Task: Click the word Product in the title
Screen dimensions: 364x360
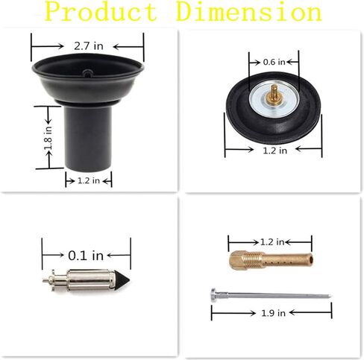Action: tap(101, 11)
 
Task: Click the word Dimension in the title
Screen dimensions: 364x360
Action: tap(249, 11)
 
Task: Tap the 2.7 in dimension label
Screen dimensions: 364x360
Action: tap(89, 46)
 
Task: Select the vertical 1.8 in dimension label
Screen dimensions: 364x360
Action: tap(48, 138)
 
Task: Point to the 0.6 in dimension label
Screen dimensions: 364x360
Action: tap(274, 62)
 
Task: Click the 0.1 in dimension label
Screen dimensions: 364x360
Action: tap(86, 256)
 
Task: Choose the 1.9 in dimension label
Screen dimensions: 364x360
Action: tap(273, 313)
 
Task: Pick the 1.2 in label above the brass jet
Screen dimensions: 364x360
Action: tap(272, 241)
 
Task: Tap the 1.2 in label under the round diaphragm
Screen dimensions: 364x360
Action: tap(275, 151)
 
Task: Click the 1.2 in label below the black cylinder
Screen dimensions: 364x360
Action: tap(89, 180)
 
